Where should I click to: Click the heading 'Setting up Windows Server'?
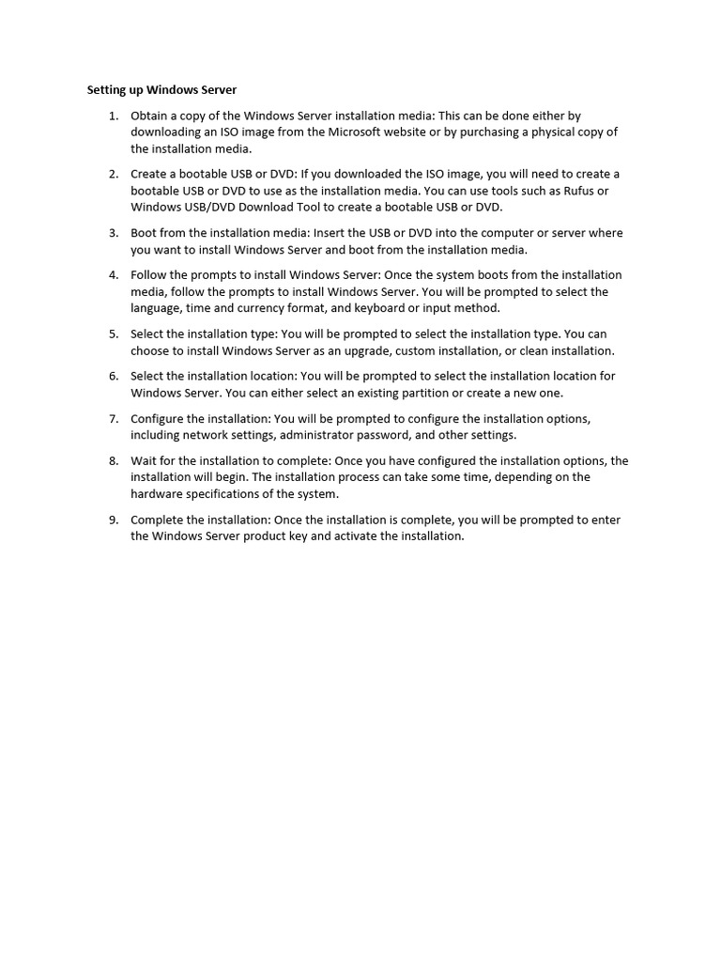click(161, 90)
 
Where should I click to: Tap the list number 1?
click(113, 116)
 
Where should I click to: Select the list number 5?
click(113, 334)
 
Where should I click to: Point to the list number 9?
click(113, 520)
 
